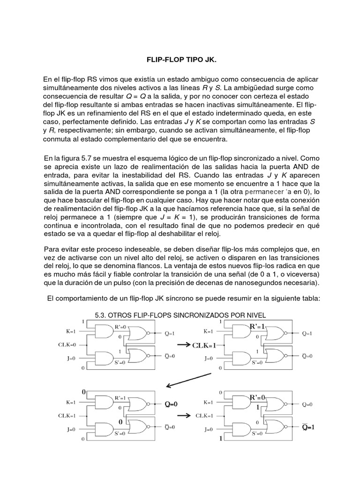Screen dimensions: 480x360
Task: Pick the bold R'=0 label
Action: click(257, 397)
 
